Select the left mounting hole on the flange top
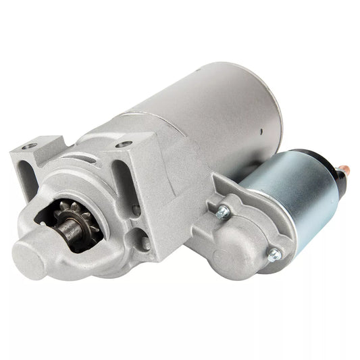[28, 147]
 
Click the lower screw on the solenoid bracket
[274, 255]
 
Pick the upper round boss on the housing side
[138, 210]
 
